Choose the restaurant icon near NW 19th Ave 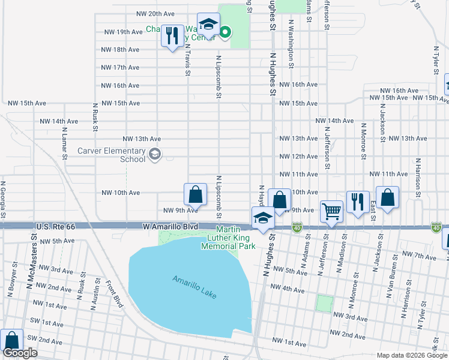click(173, 35)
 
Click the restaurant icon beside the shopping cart click(358, 202)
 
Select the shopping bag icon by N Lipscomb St click(195, 194)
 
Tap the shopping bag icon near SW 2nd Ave click(11, 340)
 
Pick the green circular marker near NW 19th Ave click(225, 32)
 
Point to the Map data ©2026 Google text click(411, 355)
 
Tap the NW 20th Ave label click(155, 13)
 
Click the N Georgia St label click(4, 200)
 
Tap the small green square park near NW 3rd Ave click(325, 303)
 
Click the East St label click(373, 209)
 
